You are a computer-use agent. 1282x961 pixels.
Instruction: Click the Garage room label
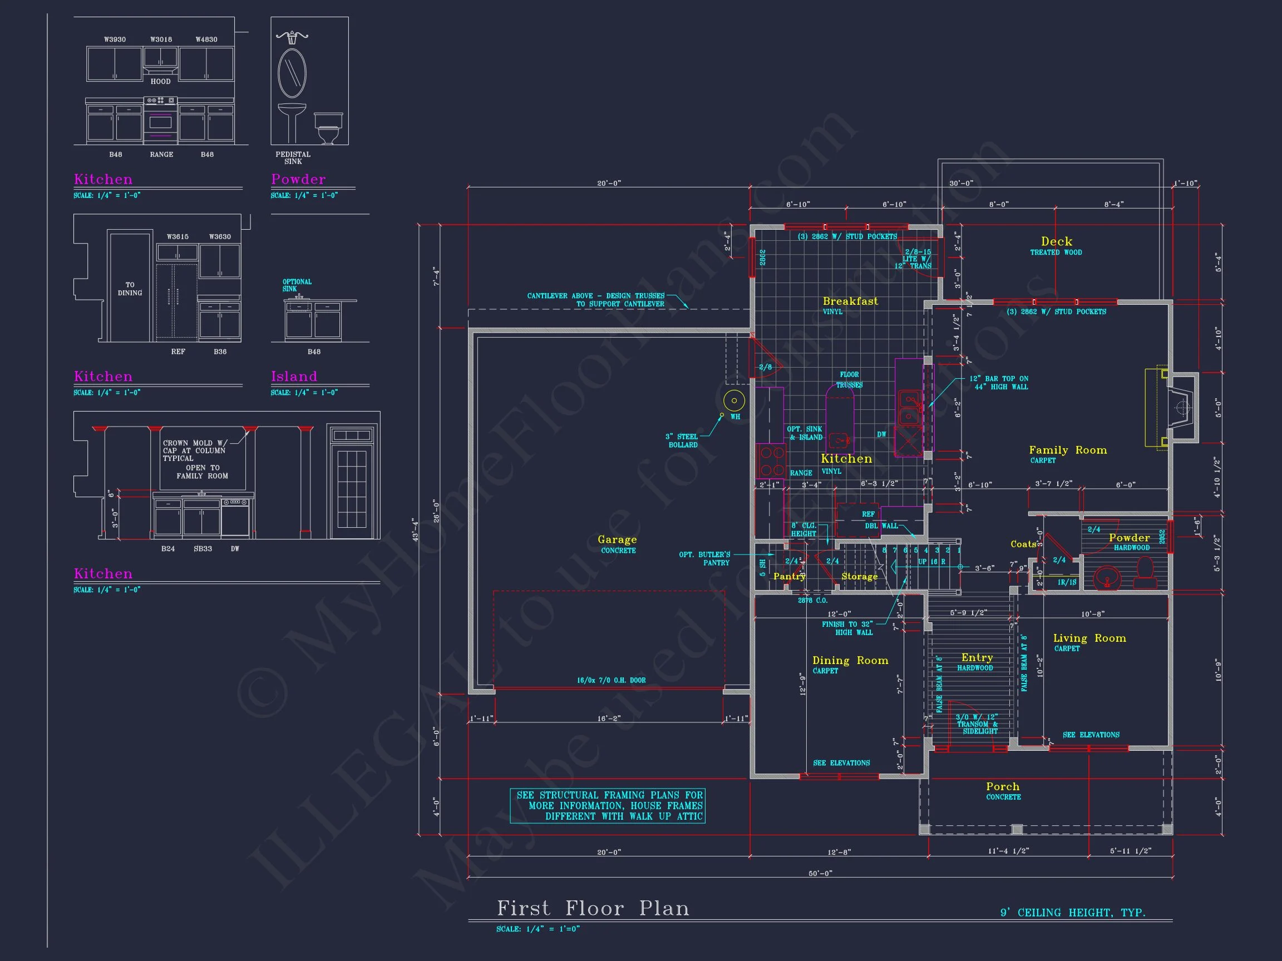click(617, 540)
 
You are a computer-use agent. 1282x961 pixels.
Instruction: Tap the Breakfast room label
click(850, 301)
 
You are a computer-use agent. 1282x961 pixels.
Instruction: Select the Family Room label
click(1068, 450)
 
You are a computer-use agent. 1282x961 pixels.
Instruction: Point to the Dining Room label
click(850, 660)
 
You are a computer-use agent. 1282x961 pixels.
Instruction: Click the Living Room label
click(1089, 638)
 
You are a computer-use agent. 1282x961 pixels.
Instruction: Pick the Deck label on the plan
click(1056, 241)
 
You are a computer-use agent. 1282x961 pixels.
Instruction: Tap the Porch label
click(1003, 786)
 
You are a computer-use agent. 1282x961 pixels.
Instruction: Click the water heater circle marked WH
click(734, 400)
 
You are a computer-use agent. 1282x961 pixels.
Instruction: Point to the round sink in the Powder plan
click(1107, 577)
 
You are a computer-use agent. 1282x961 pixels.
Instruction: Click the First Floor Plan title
click(593, 908)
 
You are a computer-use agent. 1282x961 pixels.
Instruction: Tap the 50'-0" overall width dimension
click(820, 873)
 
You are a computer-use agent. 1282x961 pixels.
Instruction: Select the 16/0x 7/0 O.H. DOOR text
click(611, 680)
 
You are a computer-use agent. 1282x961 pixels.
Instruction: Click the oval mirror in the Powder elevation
click(292, 73)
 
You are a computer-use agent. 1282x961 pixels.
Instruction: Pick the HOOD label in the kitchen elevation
click(161, 82)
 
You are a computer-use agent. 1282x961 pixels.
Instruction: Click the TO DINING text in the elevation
click(130, 289)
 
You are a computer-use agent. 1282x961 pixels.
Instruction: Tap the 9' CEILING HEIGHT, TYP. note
click(1073, 913)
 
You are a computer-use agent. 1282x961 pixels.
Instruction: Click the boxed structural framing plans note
click(608, 806)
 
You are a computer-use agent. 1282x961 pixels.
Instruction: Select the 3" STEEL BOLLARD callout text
click(683, 441)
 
